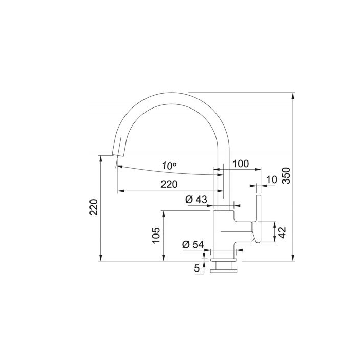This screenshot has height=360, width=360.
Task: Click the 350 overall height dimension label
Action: click(286, 176)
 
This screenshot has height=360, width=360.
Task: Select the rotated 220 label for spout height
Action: click(94, 207)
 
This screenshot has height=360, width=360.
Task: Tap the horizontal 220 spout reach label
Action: click(169, 184)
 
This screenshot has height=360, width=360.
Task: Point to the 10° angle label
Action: click(169, 166)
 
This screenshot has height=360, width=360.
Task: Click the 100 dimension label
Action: click(241, 164)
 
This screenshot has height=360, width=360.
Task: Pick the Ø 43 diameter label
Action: click(196, 200)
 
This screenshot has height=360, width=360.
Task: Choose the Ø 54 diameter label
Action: click(193, 245)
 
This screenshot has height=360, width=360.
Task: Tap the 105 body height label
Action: click(156, 236)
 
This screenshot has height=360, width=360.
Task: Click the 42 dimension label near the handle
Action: click(282, 232)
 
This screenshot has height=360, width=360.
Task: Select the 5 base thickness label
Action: click(197, 268)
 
